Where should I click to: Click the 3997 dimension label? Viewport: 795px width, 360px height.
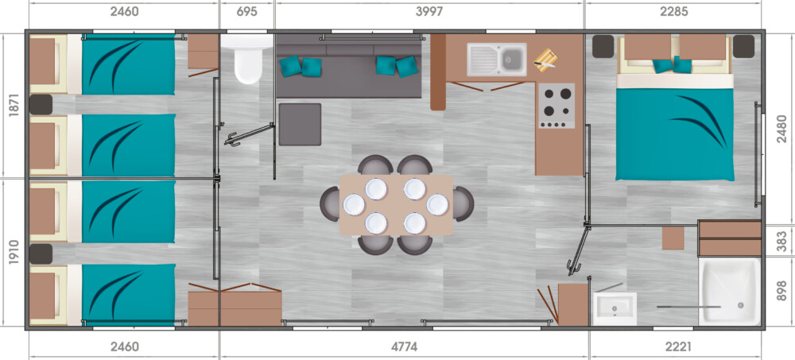pyautogui.click(x=429, y=11)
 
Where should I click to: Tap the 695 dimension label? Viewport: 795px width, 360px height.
pyautogui.click(x=246, y=11)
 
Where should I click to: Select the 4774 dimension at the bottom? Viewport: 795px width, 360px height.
pyautogui.click(x=404, y=346)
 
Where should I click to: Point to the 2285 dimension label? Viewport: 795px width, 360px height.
pyautogui.click(x=674, y=11)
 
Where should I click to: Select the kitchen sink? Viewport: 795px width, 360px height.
pyautogui.click(x=496, y=60)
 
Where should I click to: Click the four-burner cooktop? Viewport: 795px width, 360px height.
pyautogui.click(x=556, y=106)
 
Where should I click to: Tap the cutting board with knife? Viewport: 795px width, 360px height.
pyautogui.click(x=545, y=58)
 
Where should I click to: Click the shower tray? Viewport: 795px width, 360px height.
pyautogui.click(x=730, y=292)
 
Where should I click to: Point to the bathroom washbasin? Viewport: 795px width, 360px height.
pyautogui.click(x=615, y=309)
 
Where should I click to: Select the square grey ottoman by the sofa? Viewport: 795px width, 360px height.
pyautogui.click(x=300, y=124)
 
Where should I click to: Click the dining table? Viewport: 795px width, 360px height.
pyautogui.click(x=396, y=204)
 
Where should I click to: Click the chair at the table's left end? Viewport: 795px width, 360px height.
pyautogui.click(x=330, y=203)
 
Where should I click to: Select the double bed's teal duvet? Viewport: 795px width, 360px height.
pyautogui.click(x=675, y=134)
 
